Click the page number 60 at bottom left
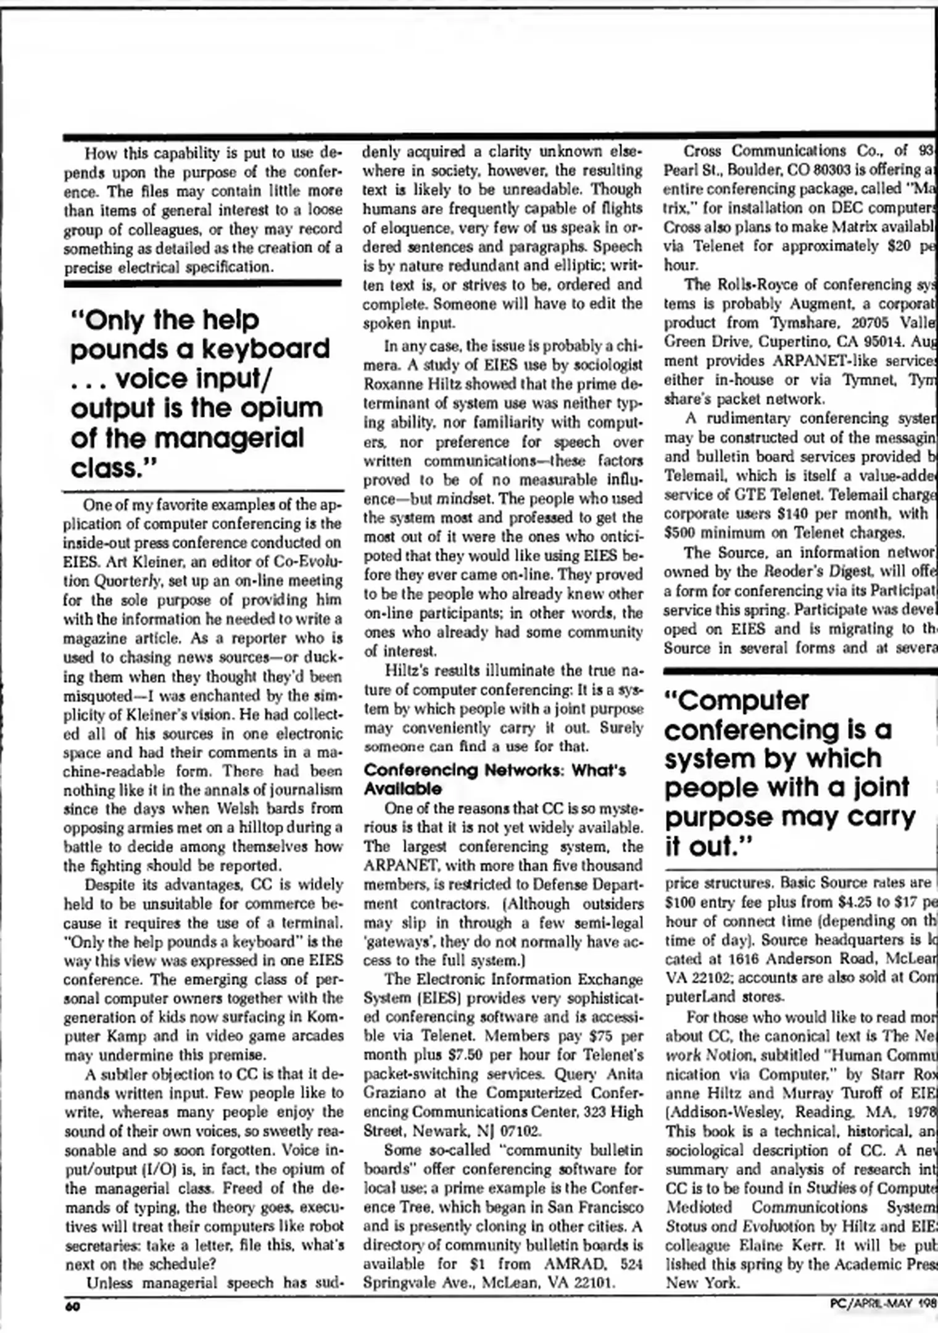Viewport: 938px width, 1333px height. click(73, 1306)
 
